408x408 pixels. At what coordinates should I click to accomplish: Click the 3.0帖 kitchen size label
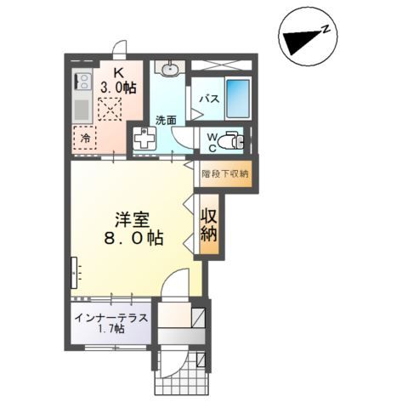click(118, 87)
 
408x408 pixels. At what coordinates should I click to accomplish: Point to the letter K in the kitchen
click(118, 71)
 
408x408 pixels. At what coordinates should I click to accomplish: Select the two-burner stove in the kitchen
click(84, 83)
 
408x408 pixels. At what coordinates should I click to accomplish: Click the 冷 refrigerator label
click(85, 136)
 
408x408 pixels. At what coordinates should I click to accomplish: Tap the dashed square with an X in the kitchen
click(109, 110)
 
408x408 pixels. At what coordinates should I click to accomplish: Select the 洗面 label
click(166, 120)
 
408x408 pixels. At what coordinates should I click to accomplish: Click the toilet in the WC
click(230, 141)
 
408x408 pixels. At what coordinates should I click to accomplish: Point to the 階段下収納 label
click(225, 173)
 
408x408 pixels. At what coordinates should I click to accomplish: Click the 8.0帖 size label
click(133, 237)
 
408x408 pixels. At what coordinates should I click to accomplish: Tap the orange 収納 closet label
click(208, 226)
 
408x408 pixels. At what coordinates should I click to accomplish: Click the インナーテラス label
click(111, 318)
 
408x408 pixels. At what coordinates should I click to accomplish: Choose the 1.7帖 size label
click(111, 330)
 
